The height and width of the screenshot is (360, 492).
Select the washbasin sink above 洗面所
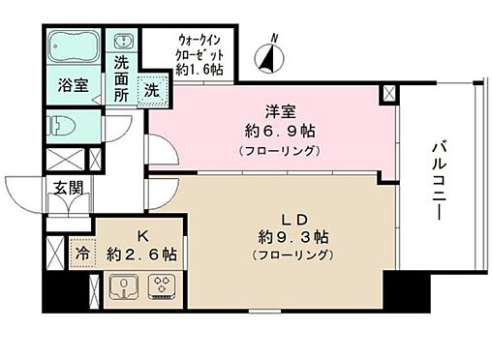click(x=125, y=43)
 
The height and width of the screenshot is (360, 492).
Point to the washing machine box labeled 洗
click(x=152, y=88)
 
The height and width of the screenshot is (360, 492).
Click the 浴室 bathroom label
click(x=73, y=85)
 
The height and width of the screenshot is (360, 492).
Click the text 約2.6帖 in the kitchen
click(x=141, y=254)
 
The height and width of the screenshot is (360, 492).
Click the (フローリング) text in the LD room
click(x=292, y=255)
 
